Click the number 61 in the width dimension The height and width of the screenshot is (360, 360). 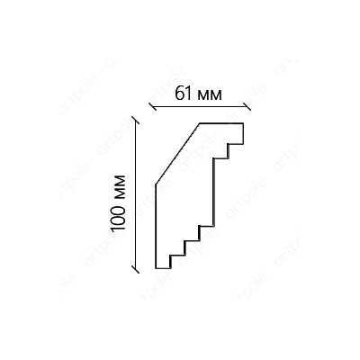pyautogui.click(x=183, y=94)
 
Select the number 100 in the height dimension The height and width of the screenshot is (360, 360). pyautogui.click(x=118, y=216)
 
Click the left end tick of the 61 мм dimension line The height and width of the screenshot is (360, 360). pyautogui.click(x=153, y=106)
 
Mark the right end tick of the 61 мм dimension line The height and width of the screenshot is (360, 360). pyautogui.click(x=247, y=106)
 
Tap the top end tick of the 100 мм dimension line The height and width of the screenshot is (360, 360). pyautogui.click(x=136, y=120)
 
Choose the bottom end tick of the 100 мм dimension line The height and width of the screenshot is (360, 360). pyautogui.click(x=136, y=269)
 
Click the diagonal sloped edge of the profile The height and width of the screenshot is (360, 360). pyautogui.click(x=177, y=154)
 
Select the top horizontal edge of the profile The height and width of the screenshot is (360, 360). pyautogui.click(x=221, y=123)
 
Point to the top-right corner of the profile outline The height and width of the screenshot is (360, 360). pyautogui.click(x=243, y=123)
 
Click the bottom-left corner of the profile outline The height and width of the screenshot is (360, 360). pyautogui.click(x=156, y=268)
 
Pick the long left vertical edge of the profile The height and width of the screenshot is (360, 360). pyautogui.click(x=156, y=226)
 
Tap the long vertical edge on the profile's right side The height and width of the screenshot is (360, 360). pyautogui.click(x=213, y=192)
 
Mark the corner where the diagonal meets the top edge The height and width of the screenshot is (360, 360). pyautogui.click(x=200, y=123)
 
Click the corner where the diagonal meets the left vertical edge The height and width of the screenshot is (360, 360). pyautogui.click(x=156, y=184)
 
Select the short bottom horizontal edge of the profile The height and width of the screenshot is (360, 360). pyautogui.click(x=163, y=268)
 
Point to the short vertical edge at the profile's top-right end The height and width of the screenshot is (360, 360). pyautogui.click(x=243, y=133)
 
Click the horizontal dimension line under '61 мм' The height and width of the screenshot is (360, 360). pyautogui.click(x=200, y=106)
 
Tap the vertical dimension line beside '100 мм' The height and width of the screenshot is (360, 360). pyautogui.click(x=136, y=194)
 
